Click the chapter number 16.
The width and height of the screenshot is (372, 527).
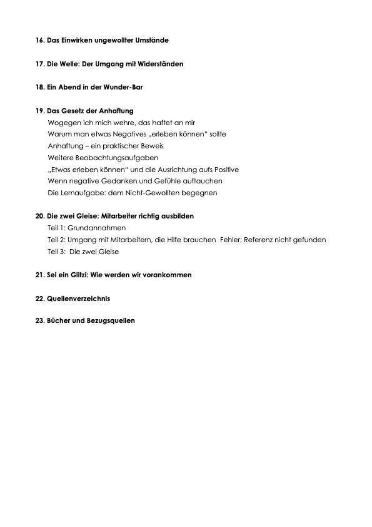coord(40,40)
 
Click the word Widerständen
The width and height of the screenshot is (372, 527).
coord(160,64)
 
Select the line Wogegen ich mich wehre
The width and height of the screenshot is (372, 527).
coord(121,123)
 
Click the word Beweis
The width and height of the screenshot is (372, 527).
coord(151,146)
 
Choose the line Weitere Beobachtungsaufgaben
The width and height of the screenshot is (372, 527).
coord(103,158)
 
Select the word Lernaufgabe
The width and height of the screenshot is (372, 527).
coord(78,193)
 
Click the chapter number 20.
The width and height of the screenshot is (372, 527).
coord(40,216)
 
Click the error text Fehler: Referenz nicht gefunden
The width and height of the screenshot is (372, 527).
coord(273,240)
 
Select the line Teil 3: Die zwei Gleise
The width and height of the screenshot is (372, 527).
coord(83,252)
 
